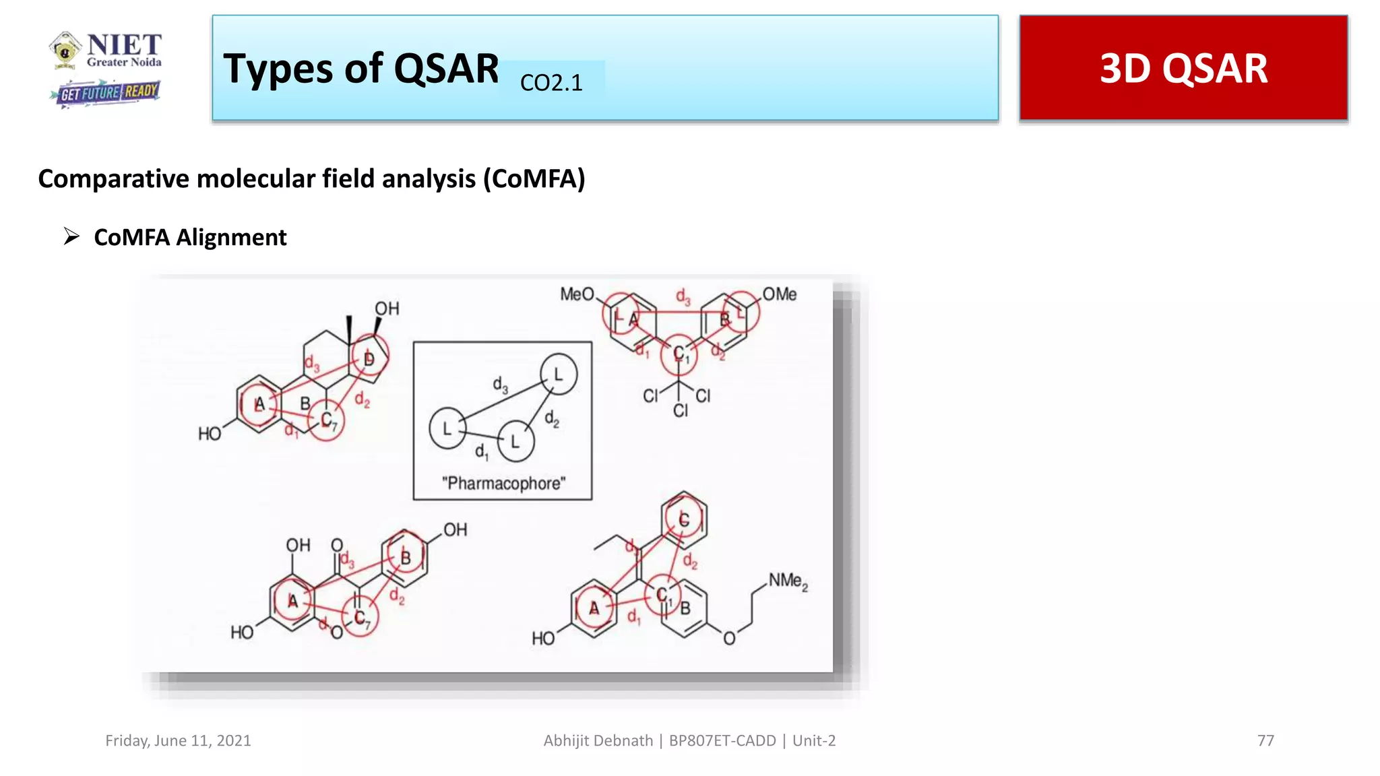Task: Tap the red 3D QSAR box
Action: coord(1183,68)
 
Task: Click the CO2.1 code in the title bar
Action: coord(551,83)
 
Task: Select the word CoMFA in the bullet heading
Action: coord(131,237)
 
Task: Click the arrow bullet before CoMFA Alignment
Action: coord(71,236)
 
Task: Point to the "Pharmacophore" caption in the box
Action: coord(503,483)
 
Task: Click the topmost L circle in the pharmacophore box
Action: coord(558,374)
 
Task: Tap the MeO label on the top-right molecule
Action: coord(577,294)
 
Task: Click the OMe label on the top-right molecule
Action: coord(780,294)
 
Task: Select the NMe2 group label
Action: coord(788,581)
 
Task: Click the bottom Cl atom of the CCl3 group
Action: coord(680,410)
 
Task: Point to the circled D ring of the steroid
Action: coord(369,358)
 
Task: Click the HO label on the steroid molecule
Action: coord(210,434)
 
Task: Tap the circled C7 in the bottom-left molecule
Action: coord(360,618)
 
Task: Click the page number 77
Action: coord(1265,740)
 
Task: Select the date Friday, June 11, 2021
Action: coord(178,740)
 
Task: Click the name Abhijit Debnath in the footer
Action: coord(598,740)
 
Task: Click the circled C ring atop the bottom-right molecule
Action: coord(683,519)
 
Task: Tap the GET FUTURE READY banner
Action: coord(106,93)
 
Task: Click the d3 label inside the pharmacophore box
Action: coord(500,385)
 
